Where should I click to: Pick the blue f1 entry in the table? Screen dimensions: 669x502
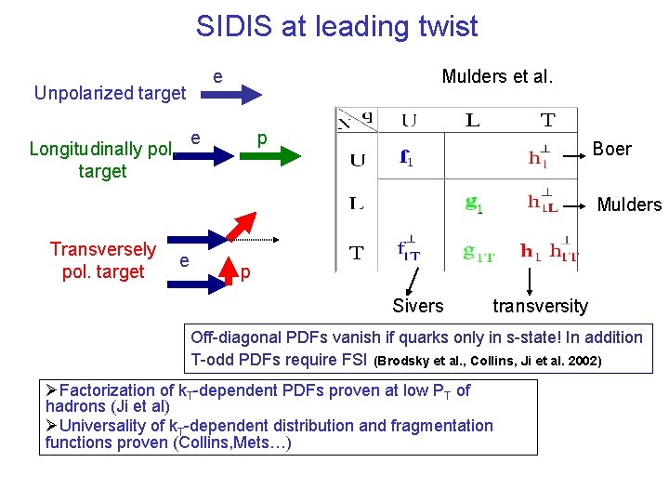pos(406,158)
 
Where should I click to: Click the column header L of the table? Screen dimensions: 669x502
pos(473,120)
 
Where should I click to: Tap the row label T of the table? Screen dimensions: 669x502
pos(356,253)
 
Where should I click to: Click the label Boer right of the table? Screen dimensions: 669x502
pos(611,150)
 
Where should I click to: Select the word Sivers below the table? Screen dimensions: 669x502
pos(417,306)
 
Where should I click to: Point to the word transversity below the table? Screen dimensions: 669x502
pos(540,306)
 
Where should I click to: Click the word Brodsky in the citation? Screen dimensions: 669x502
pos(403,361)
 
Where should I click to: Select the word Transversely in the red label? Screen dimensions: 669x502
pos(102,249)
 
